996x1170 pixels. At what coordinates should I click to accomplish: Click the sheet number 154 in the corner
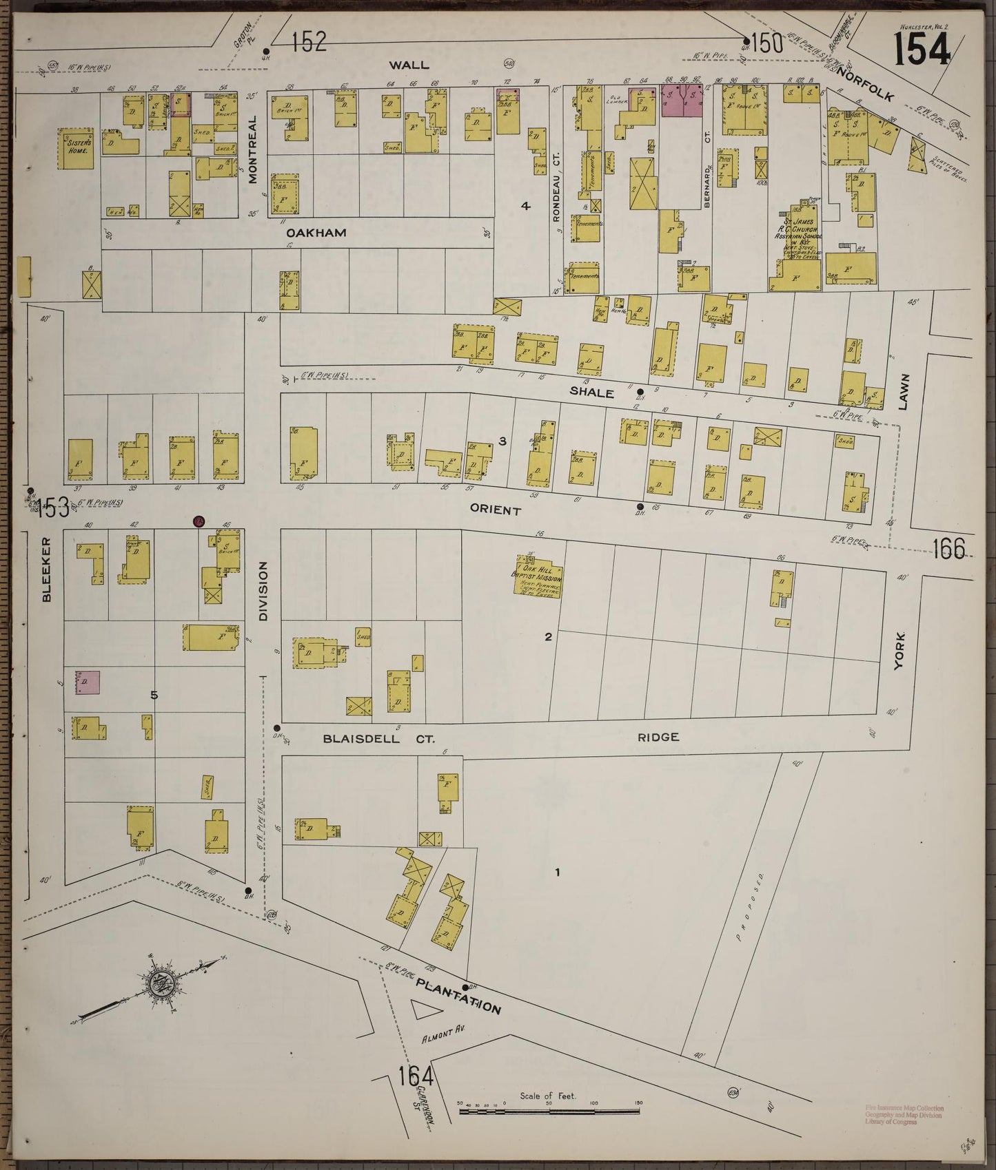pyautogui.click(x=922, y=50)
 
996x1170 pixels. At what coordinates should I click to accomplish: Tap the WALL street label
pyautogui.click(x=409, y=65)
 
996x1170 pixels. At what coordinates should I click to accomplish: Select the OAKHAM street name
pyautogui.click(x=316, y=233)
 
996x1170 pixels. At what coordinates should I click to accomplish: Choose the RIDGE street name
pyautogui.click(x=658, y=737)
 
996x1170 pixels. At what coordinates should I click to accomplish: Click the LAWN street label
pyautogui.click(x=904, y=393)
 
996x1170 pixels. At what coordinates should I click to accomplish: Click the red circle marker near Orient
pyautogui.click(x=199, y=521)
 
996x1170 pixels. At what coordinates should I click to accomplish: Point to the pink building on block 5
pyautogui.click(x=88, y=682)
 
